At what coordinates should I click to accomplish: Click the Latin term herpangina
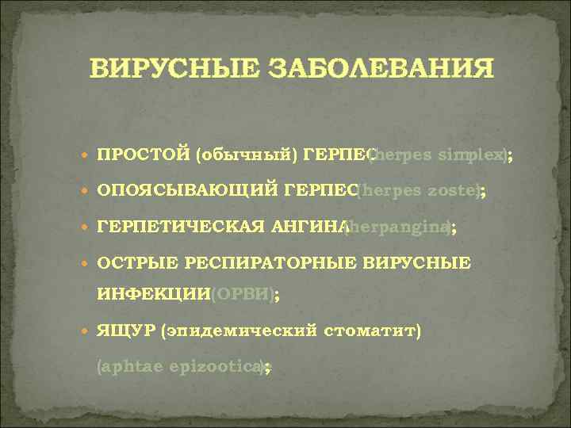point(399,227)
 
